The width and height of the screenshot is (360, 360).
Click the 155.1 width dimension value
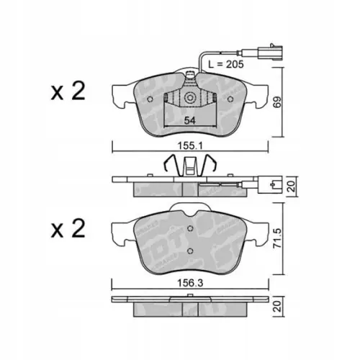(x=190, y=145)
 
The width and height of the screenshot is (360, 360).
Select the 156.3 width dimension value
(x=190, y=283)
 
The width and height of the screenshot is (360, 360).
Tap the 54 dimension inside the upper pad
(x=189, y=120)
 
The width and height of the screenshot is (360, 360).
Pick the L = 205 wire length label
(x=226, y=64)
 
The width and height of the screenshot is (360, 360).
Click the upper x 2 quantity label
(x=68, y=91)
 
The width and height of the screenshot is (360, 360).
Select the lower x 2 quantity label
(x=68, y=228)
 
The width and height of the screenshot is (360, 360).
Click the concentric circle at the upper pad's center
(x=190, y=98)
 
